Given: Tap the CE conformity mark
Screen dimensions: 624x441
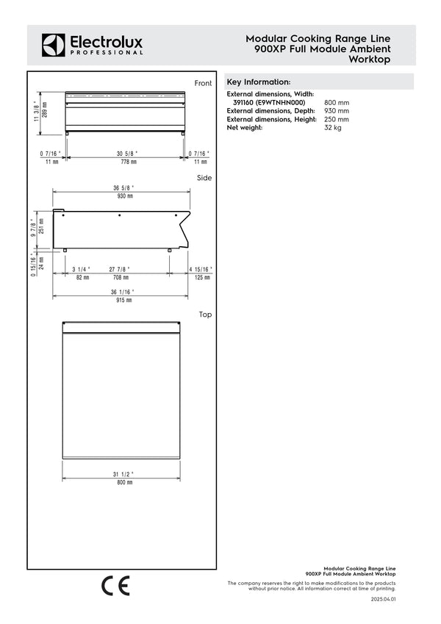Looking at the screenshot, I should tap(115, 585).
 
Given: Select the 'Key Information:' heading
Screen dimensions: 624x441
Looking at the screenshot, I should tap(258, 82).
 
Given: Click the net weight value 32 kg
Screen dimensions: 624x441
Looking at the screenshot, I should tap(333, 127).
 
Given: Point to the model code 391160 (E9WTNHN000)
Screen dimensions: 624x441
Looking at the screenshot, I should tap(269, 102).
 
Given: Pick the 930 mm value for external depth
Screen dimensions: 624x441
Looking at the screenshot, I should tap(337, 110).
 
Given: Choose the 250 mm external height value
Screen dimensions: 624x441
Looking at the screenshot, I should tap(337, 119).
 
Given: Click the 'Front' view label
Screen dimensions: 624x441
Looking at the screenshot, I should tap(203, 84).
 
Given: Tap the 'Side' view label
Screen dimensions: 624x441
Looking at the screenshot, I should tap(204, 178).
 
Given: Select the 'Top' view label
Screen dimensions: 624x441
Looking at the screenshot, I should tap(205, 315).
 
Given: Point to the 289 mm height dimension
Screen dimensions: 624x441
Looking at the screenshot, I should tap(44, 110).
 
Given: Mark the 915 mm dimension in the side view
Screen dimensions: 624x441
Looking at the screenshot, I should tap(123, 299).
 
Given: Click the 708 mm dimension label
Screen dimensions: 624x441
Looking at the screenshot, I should tap(121, 278).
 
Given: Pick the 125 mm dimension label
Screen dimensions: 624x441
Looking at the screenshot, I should tap(200, 278).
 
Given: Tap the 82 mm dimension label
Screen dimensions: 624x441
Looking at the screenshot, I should tap(82, 278).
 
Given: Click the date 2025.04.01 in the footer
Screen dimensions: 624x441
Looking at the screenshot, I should tap(384, 600).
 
